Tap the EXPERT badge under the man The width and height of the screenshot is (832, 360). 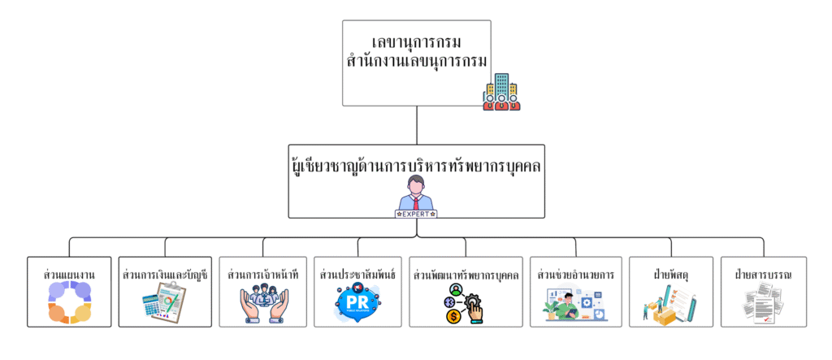pyautogui.click(x=416, y=214)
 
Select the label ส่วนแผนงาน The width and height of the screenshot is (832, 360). pyautogui.click(x=69, y=275)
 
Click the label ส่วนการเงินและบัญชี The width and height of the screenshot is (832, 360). pyautogui.click(x=165, y=275)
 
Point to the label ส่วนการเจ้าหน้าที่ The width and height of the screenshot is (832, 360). pyautogui.click(x=263, y=275)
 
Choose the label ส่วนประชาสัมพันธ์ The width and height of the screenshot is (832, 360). pyautogui.click(x=357, y=275)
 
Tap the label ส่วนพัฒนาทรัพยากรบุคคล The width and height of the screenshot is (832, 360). pyautogui.click(x=466, y=275)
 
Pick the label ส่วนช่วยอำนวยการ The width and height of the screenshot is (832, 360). pyautogui.click(x=575, y=275)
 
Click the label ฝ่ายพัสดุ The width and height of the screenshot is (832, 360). pyautogui.click(x=671, y=275)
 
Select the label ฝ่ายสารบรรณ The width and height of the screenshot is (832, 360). pyautogui.click(x=764, y=275)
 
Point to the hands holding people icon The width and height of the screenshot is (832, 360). pyautogui.click(x=263, y=305)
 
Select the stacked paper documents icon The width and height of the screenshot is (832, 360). pyautogui.click(x=764, y=306)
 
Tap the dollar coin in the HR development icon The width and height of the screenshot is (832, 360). pyautogui.click(x=452, y=316)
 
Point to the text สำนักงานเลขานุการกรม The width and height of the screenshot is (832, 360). pyautogui.click(x=416, y=60)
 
